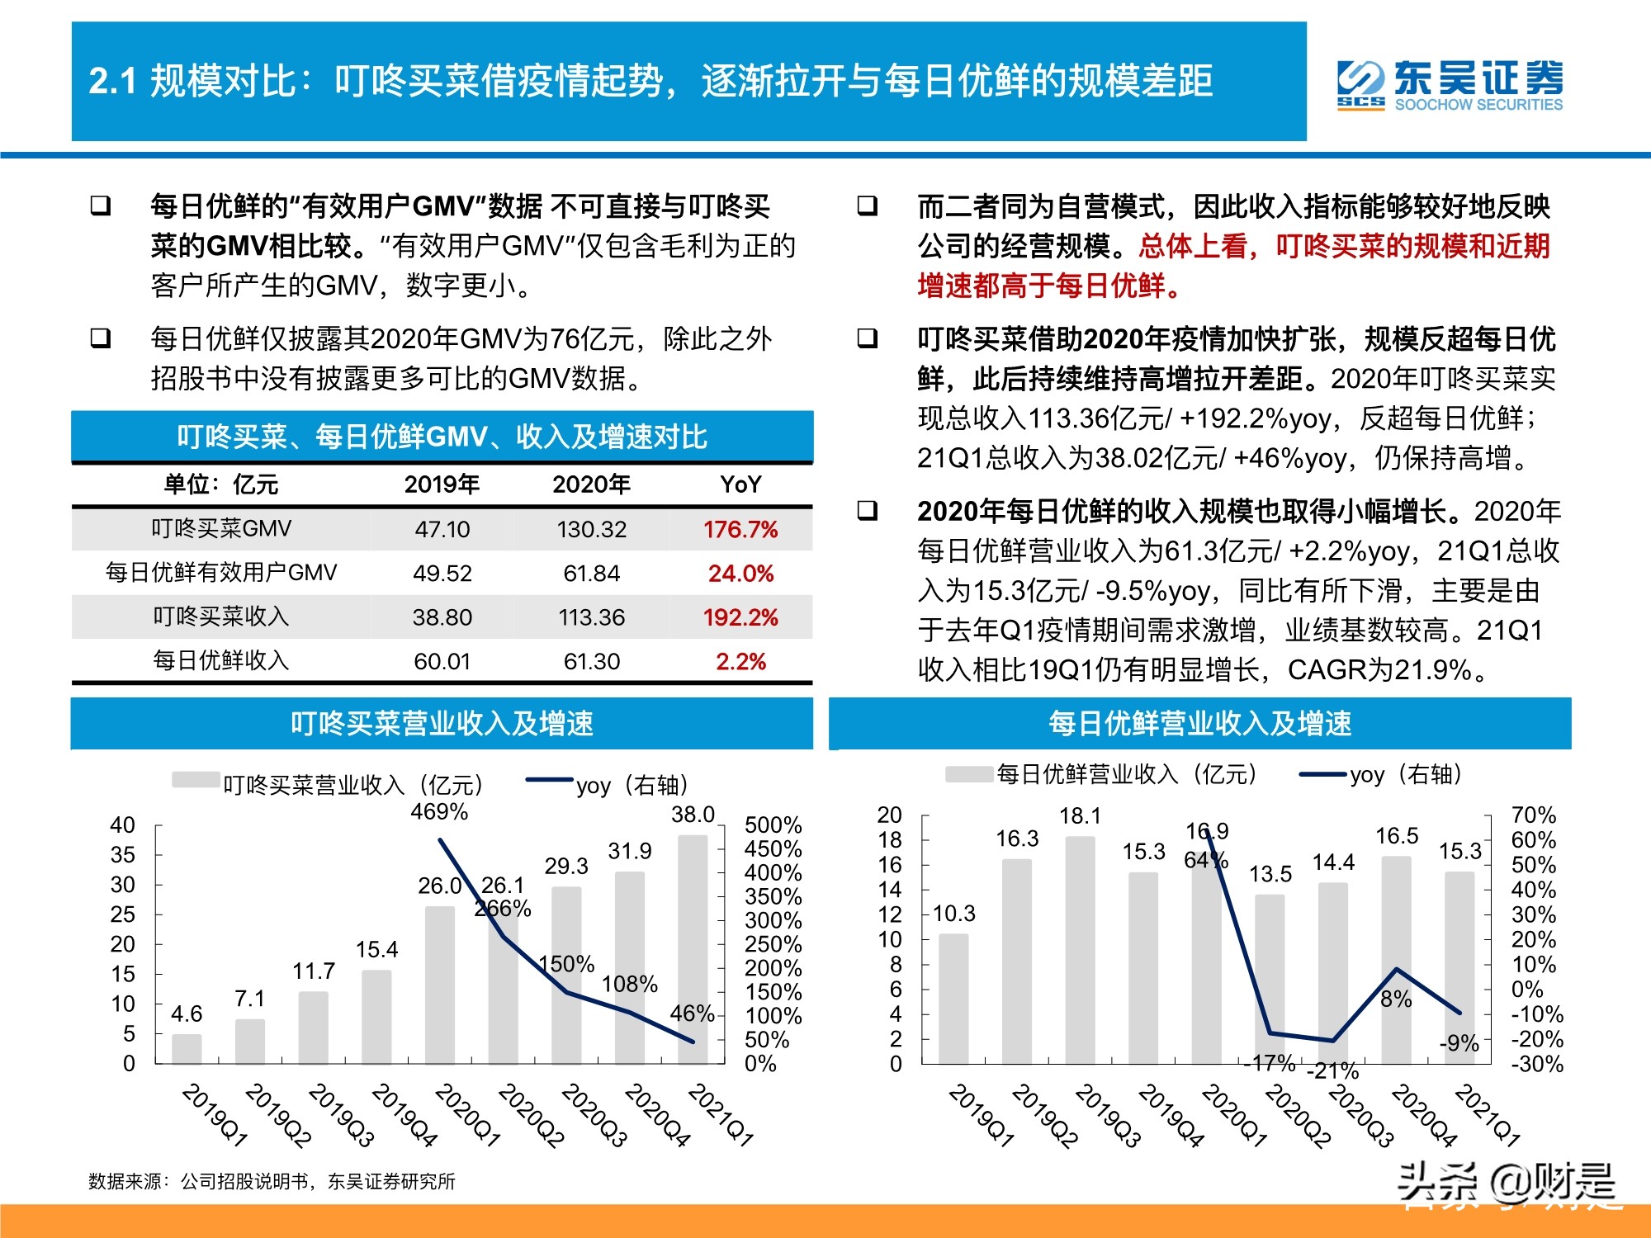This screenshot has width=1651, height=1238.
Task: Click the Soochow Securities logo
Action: click(x=1450, y=84)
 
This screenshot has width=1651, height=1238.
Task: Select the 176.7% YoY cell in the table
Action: click(x=740, y=529)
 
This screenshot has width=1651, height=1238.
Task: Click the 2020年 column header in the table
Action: click(x=591, y=484)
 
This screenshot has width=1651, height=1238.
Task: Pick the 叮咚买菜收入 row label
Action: click(x=221, y=617)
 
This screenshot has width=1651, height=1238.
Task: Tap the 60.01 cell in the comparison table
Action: click(x=442, y=661)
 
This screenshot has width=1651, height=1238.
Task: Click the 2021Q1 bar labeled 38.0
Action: click(x=693, y=949)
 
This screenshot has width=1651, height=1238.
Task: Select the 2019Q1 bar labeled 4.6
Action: click(x=187, y=1048)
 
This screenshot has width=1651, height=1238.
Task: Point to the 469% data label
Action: click(x=439, y=812)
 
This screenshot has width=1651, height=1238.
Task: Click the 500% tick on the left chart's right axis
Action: click(x=773, y=825)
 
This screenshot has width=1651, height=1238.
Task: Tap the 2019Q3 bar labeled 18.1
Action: click(x=1080, y=949)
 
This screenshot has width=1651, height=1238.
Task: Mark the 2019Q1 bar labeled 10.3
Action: click(x=953, y=999)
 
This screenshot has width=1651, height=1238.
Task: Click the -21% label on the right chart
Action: click(x=1333, y=1070)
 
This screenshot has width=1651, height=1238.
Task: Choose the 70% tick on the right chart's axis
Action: click(x=1533, y=815)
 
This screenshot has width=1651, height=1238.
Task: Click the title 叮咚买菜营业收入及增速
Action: click(x=442, y=724)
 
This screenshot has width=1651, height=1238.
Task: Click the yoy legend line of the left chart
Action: click(x=549, y=780)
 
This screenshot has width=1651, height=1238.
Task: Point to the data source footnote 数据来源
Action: click(x=272, y=1182)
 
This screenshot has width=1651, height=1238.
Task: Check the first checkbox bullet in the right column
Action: click(x=868, y=206)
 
